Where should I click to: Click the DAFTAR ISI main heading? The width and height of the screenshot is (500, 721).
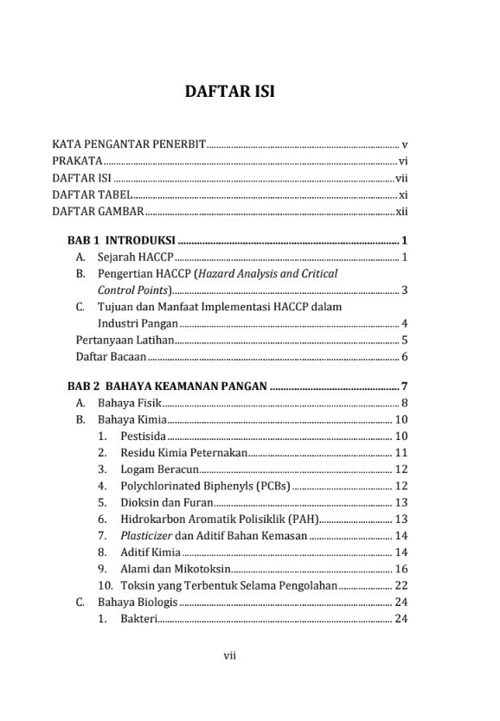pyautogui.click(x=229, y=91)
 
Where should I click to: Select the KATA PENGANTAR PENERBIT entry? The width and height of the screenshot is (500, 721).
pyautogui.click(x=128, y=144)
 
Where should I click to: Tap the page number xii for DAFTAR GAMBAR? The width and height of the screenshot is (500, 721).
pyautogui.click(x=401, y=212)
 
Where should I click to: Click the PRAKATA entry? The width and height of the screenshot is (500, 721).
pyautogui.click(x=77, y=161)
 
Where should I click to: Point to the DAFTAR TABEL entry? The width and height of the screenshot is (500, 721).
pyautogui.click(x=92, y=195)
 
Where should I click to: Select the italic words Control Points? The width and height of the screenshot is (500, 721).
pyautogui.click(x=134, y=290)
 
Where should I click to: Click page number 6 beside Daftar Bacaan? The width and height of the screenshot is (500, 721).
pyautogui.click(x=404, y=357)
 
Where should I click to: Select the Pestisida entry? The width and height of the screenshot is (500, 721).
pyautogui.click(x=143, y=436)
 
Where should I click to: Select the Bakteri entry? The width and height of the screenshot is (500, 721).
pyautogui.click(x=139, y=619)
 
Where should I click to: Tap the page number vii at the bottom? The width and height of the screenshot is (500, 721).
pyautogui.click(x=229, y=655)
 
